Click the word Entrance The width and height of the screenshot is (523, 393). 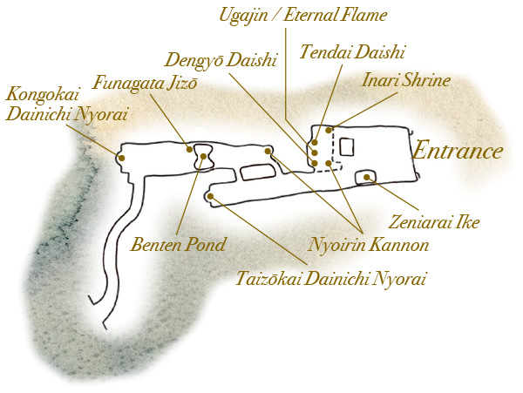458,151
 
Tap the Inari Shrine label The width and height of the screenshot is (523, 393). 406,80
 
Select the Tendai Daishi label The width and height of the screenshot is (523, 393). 352,52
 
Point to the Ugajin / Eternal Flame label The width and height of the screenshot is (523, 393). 302,16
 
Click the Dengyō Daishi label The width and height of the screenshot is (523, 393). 221,61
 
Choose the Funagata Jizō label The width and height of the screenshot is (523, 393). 145,82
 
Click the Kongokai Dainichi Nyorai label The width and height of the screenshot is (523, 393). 67,105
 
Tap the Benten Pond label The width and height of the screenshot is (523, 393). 178,245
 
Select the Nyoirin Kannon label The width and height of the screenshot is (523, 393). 368,246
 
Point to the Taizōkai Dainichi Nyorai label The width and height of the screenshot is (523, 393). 331,279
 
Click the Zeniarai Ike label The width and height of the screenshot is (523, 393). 433,222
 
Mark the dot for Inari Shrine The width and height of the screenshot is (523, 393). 329,130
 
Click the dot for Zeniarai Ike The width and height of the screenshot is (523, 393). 367,177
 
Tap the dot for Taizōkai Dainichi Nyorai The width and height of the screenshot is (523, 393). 210,196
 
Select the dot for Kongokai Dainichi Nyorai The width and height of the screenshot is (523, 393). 122,158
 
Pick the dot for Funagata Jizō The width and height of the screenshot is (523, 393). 189,149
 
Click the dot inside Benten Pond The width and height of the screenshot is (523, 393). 203,156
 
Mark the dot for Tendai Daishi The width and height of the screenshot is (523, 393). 315,143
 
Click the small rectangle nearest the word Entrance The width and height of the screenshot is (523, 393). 347,147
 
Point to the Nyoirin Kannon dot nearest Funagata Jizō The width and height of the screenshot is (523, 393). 268,151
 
